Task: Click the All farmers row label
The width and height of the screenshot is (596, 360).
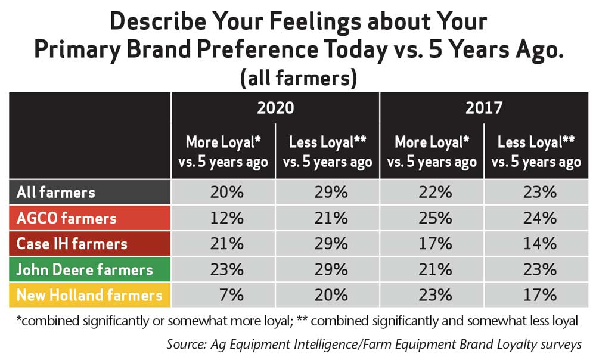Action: (x=56, y=193)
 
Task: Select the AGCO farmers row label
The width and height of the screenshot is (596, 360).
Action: (x=67, y=218)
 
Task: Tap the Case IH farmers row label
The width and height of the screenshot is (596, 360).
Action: (x=72, y=244)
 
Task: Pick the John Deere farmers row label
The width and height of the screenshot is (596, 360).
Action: (x=85, y=269)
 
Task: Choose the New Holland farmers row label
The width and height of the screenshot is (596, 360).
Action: (x=89, y=295)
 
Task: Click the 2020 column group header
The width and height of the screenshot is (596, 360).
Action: (x=275, y=108)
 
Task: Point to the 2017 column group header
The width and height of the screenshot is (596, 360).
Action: (x=484, y=108)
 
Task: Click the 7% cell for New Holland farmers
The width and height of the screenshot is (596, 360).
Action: (x=231, y=295)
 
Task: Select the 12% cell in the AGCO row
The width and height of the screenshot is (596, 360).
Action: (x=227, y=218)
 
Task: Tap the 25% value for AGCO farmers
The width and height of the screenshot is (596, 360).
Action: (x=436, y=218)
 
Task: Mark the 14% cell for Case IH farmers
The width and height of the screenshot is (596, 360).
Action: (x=540, y=244)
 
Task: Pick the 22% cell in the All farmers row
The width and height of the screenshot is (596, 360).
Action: (x=436, y=193)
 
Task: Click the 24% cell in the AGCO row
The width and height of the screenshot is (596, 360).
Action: (x=540, y=218)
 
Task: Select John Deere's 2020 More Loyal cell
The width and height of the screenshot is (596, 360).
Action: (x=227, y=269)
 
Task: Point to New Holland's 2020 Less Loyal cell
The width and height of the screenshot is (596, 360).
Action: (x=331, y=295)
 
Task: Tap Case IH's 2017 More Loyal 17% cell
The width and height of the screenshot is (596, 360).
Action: (x=436, y=244)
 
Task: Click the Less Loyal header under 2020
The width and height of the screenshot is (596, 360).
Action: (x=328, y=152)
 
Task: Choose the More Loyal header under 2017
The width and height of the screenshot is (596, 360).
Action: (x=432, y=152)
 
